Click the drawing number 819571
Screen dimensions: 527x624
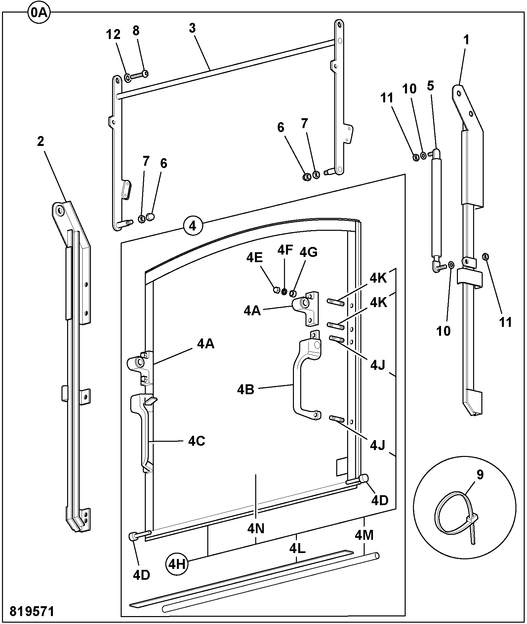32,611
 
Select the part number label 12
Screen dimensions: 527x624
113,34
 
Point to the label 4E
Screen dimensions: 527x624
255,258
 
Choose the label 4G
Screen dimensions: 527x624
308,252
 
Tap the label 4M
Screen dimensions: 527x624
364,535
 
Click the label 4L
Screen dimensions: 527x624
297,548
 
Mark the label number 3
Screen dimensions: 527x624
192,28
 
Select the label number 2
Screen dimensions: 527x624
40,141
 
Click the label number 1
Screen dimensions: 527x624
466,40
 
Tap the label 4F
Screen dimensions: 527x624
285,250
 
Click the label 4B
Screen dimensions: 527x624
246,390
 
